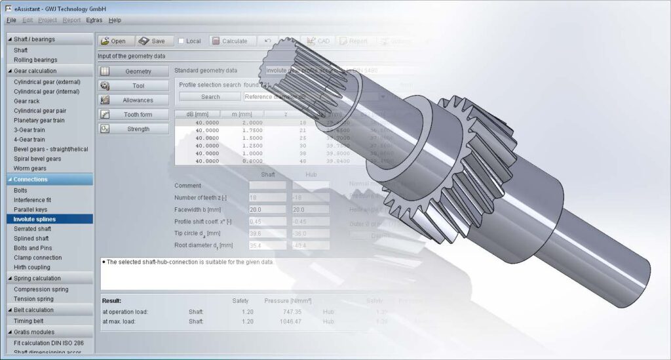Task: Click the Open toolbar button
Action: pos(113,41)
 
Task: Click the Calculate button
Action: pos(229,41)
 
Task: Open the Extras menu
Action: pos(94,20)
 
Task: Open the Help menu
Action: pos(115,20)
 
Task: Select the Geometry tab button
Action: pos(134,71)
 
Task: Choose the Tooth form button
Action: pos(134,115)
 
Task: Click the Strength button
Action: pos(134,129)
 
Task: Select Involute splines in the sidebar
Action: pos(35,219)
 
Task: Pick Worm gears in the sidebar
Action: pos(31,168)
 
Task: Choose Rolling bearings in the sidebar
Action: pos(35,60)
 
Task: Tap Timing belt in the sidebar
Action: pos(29,321)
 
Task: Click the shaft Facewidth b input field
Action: pos(267,209)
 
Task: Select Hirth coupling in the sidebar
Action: pos(32,267)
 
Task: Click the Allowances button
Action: pos(134,100)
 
